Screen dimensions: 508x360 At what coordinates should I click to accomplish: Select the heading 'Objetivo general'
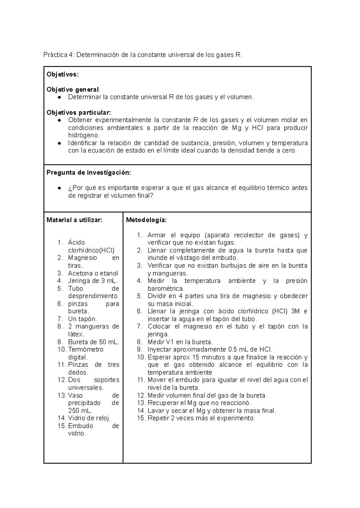pyautogui.click(x=73, y=89)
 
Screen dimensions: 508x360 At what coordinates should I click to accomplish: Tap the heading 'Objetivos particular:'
pyautogui.click(x=79, y=112)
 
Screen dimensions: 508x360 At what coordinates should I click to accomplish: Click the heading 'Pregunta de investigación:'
pyautogui.click(x=89, y=173)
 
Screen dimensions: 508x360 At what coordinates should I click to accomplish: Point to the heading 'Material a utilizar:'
pyautogui.click(x=74, y=220)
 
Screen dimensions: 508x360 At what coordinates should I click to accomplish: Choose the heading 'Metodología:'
pyautogui.click(x=146, y=220)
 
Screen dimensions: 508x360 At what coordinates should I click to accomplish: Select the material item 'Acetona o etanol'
pyautogui.click(x=93, y=273)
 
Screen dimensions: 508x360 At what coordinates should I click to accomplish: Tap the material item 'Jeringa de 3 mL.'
pyautogui.click(x=93, y=281)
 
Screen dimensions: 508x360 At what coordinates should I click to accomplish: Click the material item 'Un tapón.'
pyautogui.click(x=82, y=319)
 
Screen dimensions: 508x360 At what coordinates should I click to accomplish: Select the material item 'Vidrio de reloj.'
pyautogui.click(x=89, y=418)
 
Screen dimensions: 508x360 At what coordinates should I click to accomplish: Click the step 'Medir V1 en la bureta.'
pyautogui.click(x=180, y=342)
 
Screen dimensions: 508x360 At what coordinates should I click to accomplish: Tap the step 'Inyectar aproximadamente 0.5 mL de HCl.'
pyautogui.click(x=210, y=349)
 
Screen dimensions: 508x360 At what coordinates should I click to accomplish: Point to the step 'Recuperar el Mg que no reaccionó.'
pyautogui.click(x=199, y=403)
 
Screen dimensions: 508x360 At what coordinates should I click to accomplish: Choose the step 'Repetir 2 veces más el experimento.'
pyautogui.click(x=201, y=418)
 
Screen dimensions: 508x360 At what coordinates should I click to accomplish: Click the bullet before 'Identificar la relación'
pyautogui.click(x=60, y=143)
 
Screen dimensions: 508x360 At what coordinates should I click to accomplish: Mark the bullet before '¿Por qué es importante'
pyautogui.click(x=60, y=188)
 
